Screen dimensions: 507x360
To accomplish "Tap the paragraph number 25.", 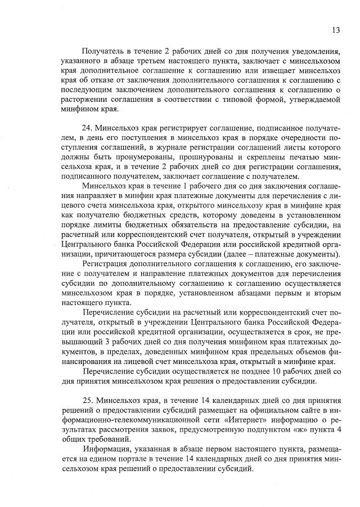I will tap(89, 400).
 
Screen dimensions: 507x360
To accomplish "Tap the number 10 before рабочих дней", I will tap(289, 371).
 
